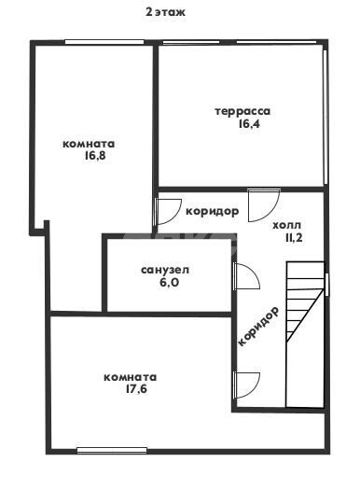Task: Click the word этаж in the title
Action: [x=171, y=12]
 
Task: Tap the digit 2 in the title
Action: [x=147, y=12]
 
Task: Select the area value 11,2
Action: [x=293, y=238]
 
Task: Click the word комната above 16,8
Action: [x=89, y=144]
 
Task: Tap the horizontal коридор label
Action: [x=212, y=211]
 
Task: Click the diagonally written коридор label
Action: [x=259, y=326]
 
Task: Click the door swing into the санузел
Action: [x=244, y=277]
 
